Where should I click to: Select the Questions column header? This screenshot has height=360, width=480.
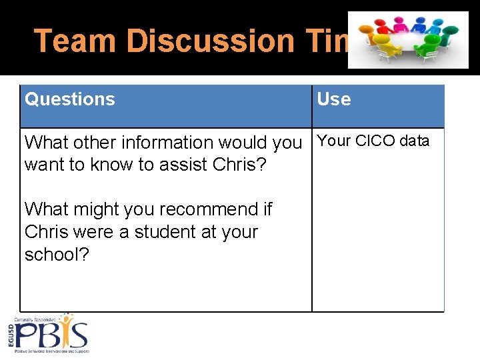(x=70, y=99)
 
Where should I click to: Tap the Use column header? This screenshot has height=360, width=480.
(x=333, y=99)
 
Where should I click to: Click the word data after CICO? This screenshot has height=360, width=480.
(x=414, y=141)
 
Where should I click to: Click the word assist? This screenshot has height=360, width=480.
(x=180, y=165)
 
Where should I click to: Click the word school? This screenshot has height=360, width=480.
(x=57, y=255)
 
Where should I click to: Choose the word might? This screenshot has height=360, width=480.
(x=99, y=209)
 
